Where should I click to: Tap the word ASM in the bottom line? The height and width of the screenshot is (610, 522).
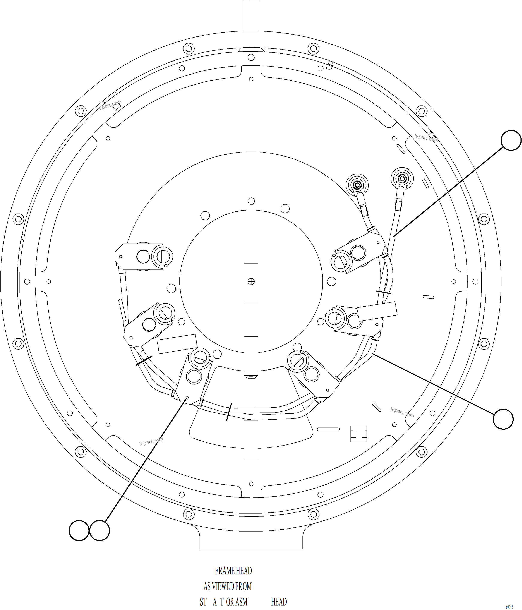click(x=241, y=602)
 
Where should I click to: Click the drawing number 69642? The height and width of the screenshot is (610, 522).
click(x=509, y=607)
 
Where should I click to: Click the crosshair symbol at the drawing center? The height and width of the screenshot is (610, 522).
click(x=251, y=282)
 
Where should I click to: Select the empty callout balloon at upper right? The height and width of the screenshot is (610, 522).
click(x=511, y=140)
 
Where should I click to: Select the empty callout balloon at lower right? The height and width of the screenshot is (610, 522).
click(x=503, y=419)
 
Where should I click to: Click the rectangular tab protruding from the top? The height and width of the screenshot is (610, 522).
click(x=251, y=15)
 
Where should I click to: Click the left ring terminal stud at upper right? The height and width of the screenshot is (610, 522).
click(x=357, y=185)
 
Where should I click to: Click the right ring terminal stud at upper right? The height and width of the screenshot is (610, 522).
click(x=402, y=178)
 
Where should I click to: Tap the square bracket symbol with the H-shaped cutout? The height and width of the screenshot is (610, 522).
click(x=359, y=434)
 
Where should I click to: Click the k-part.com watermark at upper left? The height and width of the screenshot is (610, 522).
click(x=109, y=105)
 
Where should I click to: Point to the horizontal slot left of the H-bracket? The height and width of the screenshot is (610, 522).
click(x=328, y=429)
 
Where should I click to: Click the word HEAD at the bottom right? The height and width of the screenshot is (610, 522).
click(x=278, y=602)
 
